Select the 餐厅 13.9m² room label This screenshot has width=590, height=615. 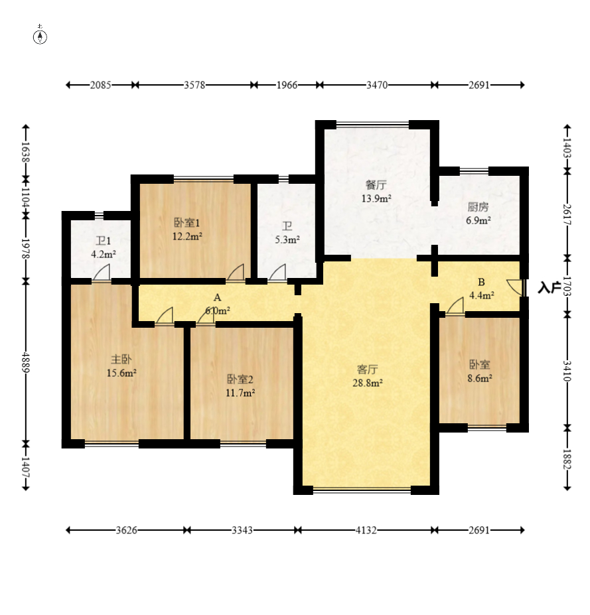coord(376,192)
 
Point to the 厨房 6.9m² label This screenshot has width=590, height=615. coord(479,214)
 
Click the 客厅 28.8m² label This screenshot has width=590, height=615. coord(368,376)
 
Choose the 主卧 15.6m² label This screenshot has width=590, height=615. coord(121,366)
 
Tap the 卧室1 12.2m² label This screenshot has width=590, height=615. coord(187,230)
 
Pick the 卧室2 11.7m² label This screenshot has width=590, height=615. coord(240,385)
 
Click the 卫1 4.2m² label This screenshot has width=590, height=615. coord(104,247)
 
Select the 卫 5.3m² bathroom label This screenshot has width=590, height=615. coord(287,233)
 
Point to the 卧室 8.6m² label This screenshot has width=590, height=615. coord(479,371)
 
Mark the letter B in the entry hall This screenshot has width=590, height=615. coord(481,282)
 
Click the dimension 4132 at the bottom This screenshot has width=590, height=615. coord(366,530)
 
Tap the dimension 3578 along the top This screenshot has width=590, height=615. coord(194,85)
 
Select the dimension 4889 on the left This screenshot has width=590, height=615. coord(26,362)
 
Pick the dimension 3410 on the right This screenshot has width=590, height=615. coord(567,371)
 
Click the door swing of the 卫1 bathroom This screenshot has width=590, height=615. coord(102,273)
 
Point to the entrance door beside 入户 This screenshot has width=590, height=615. coord(515,287)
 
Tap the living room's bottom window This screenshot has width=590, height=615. coord(362,490)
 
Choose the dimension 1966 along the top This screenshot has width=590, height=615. coord(287,85)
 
